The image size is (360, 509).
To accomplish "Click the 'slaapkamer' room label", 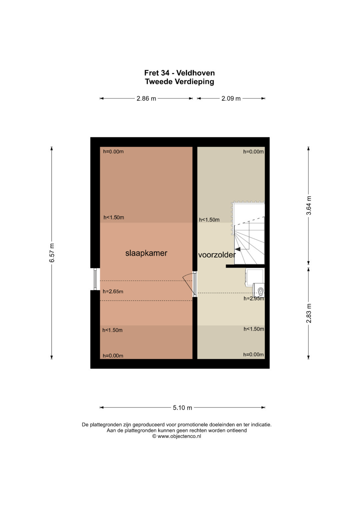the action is [x=146, y=253].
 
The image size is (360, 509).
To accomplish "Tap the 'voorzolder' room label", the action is [x=217, y=255].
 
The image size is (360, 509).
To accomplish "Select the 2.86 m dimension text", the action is [x=146, y=98].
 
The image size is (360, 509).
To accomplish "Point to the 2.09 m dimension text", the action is [x=231, y=98].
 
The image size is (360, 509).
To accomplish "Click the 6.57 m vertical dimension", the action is [x=52, y=253].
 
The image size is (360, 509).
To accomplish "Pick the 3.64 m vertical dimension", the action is [x=308, y=205].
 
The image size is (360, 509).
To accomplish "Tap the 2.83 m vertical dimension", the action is [x=308, y=313].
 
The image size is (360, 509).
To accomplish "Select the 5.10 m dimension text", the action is [x=182, y=408].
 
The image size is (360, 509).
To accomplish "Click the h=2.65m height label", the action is [x=113, y=292].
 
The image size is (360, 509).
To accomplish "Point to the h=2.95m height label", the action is [x=254, y=299].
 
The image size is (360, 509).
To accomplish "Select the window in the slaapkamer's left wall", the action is [x=95, y=279].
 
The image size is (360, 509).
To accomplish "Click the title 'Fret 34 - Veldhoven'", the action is [x=180, y=73].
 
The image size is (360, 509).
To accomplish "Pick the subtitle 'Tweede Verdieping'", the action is [x=180, y=81].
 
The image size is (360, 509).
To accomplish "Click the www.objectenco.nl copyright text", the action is [x=177, y=436].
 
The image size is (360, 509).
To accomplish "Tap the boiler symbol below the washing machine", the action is [x=258, y=290].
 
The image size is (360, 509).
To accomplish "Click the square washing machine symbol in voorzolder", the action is [x=254, y=277].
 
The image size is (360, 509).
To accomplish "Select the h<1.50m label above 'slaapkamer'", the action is [x=114, y=217].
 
